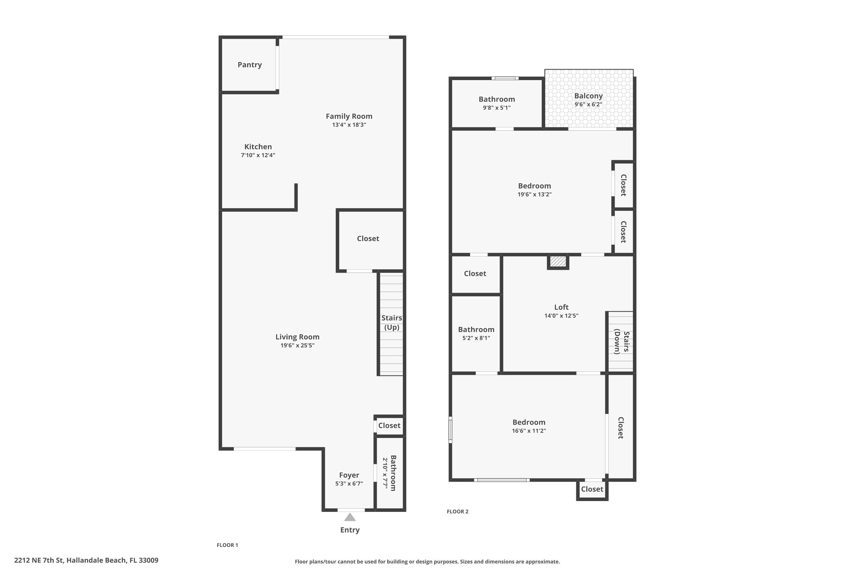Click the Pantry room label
pyautogui.click(x=249, y=65)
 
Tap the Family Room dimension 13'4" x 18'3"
pyautogui.click(x=349, y=125)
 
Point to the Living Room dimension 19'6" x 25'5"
pyautogui.click(x=297, y=345)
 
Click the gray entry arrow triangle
pyautogui.click(x=350, y=517)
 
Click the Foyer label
pyautogui.click(x=349, y=475)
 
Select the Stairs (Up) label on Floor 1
pyautogui.click(x=392, y=322)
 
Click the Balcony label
pyautogui.click(x=588, y=96)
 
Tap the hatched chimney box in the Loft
pyautogui.click(x=558, y=261)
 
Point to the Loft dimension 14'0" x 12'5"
pyautogui.click(x=561, y=315)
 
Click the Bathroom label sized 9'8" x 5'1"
pyautogui.click(x=496, y=99)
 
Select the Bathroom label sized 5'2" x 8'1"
pyautogui.click(x=476, y=329)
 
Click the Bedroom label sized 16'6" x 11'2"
pyautogui.click(x=529, y=422)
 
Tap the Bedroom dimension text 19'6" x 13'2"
pyautogui.click(x=534, y=194)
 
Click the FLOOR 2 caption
pyautogui.click(x=457, y=512)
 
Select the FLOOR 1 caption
pyautogui.click(x=227, y=545)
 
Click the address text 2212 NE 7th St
pyautogui.click(x=86, y=560)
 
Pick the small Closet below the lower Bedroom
pyautogui.click(x=592, y=489)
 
